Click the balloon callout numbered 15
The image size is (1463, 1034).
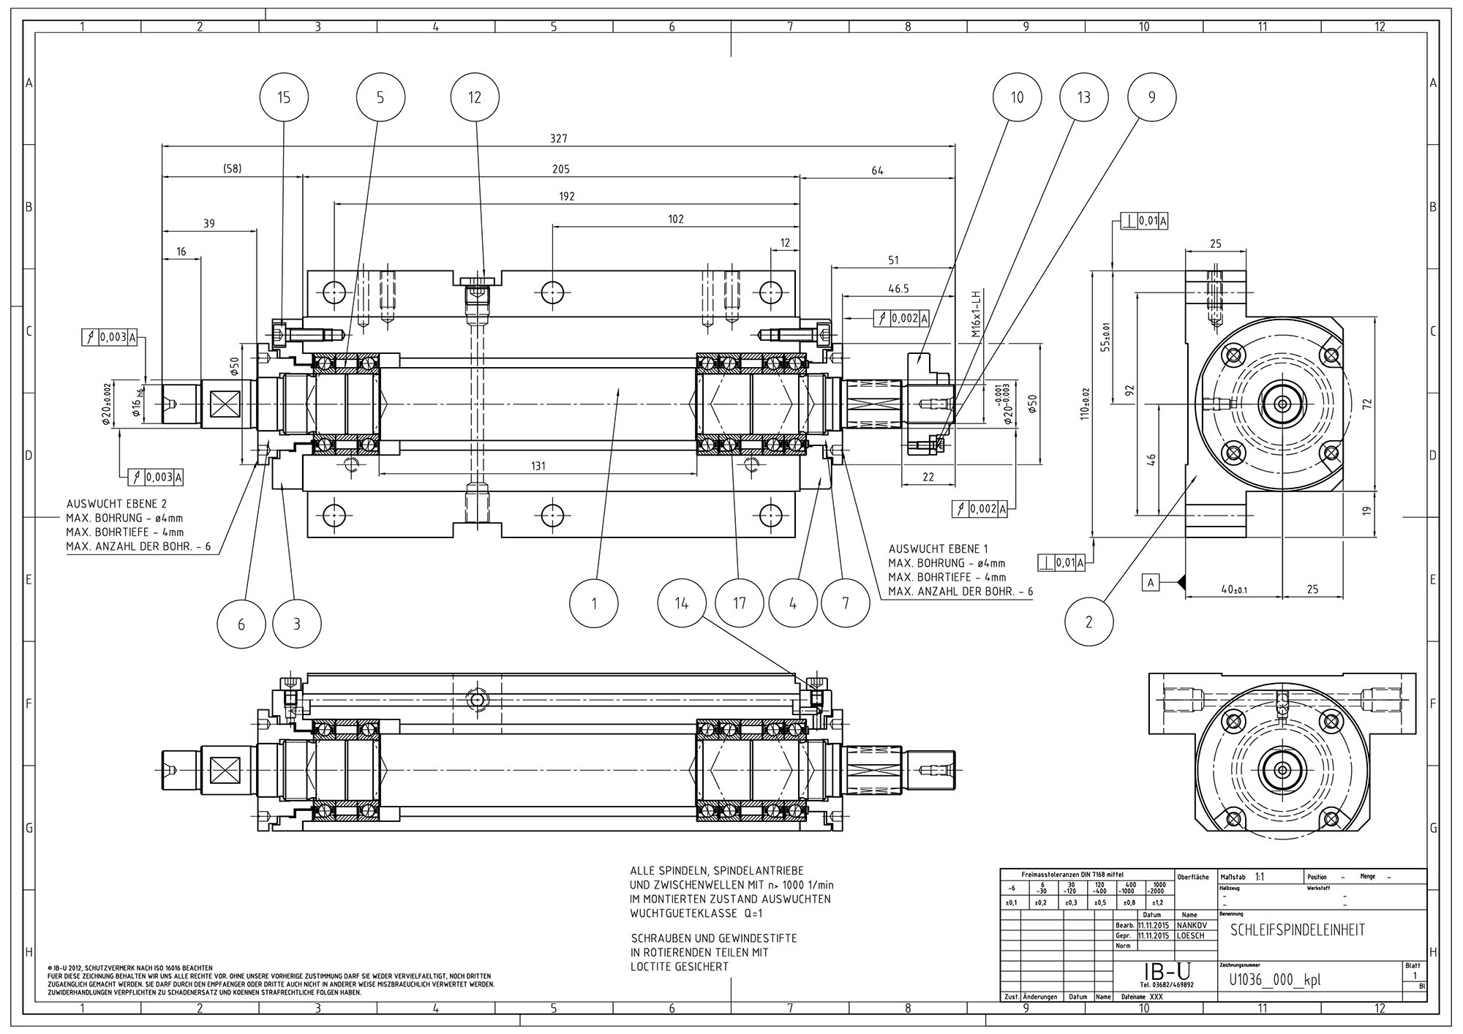click(x=284, y=97)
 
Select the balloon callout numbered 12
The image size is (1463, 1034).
click(x=475, y=97)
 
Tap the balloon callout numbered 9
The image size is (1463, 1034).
click(x=1151, y=97)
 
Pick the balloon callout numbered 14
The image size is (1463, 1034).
click(x=681, y=603)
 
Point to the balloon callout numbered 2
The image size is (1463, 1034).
click(x=1088, y=622)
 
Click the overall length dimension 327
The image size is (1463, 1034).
click(x=559, y=138)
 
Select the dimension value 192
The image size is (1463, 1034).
click(x=566, y=196)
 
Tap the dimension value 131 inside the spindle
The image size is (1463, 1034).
click(x=538, y=466)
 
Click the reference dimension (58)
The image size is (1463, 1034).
click(x=232, y=169)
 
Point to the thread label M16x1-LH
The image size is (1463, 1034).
click(x=975, y=313)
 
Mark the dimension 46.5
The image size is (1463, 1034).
click(x=898, y=289)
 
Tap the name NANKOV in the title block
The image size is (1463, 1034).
click(x=1190, y=925)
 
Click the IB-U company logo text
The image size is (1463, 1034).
click(x=1167, y=972)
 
